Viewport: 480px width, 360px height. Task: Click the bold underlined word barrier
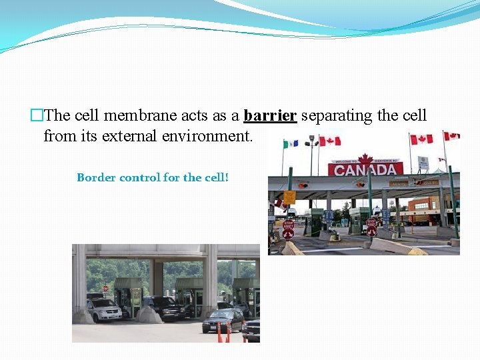pyautogui.click(x=270, y=115)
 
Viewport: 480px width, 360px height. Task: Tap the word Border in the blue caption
pyautogui.click(x=96, y=177)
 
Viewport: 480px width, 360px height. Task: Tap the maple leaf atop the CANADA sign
pyautogui.click(x=365, y=159)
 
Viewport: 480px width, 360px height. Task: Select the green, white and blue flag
pyautogui.click(x=290, y=143)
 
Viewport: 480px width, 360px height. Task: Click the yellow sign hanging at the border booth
pyautogui.click(x=289, y=197)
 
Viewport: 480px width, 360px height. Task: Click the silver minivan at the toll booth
pyautogui.click(x=103, y=309)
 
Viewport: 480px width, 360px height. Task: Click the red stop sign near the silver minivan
pyautogui.click(x=105, y=289)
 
